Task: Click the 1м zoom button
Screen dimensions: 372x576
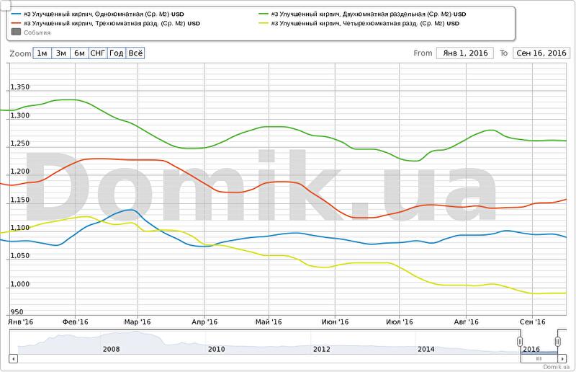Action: click(x=42, y=53)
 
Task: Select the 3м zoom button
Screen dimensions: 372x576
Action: click(x=61, y=53)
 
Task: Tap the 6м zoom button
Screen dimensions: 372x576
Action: click(x=79, y=53)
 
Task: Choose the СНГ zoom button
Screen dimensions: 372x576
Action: click(x=98, y=53)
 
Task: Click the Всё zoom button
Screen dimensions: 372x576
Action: click(x=135, y=53)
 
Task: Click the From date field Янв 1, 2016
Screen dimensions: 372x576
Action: click(x=464, y=53)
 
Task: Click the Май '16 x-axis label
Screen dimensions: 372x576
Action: click(x=268, y=322)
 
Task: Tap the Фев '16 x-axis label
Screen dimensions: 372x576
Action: click(x=75, y=322)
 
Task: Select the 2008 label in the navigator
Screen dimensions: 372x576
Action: click(x=112, y=349)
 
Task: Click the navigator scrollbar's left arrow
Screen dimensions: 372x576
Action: click(x=12, y=358)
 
